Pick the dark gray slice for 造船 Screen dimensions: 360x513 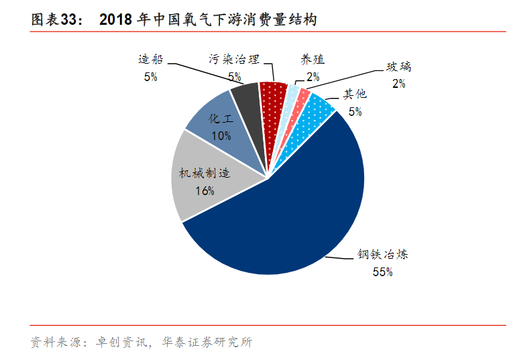pyautogui.click(x=247, y=101)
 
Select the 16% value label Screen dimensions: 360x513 pyautogui.click(x=205, y=191)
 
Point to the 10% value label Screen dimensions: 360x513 pyautogui.click(x=221, y=135)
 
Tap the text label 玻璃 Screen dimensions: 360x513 pyautogui.click(x=398, y=67)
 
